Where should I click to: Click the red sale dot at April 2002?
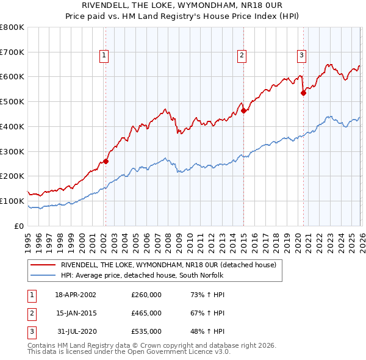106,161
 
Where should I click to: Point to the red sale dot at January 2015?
243,110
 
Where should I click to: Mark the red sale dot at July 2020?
303,93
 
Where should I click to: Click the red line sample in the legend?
43,265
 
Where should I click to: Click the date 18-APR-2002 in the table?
76,295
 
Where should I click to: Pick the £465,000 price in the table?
146,313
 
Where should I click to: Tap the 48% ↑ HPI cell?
207,331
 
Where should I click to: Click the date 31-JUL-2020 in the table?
76,331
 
